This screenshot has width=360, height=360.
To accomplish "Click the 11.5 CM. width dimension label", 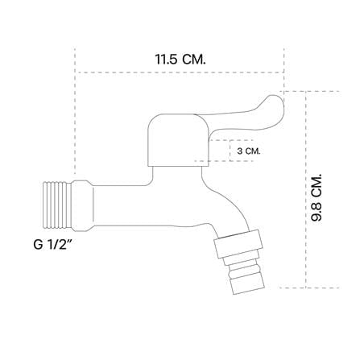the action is pos(180,60).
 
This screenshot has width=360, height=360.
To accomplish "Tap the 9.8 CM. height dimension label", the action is pos(317,197).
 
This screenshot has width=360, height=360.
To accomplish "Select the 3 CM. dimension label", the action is pos(249,151).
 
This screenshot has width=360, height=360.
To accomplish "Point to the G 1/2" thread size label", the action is pos(52,244).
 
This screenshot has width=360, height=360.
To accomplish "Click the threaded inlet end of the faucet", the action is pos(57,205).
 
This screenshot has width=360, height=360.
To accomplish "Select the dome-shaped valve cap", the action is pos(179,140).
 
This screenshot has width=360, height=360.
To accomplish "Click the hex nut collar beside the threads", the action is pos(82,205).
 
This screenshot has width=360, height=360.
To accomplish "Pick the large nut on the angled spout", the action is pos(238,244).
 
